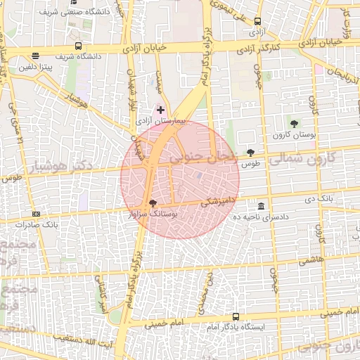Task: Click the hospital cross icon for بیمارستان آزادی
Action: [161, 110]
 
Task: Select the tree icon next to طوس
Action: [251, 153]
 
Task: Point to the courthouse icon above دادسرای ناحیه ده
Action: [262, 206]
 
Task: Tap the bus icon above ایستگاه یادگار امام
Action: [235, 317]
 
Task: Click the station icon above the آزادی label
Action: [257, 22]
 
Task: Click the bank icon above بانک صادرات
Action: [36, 214]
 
